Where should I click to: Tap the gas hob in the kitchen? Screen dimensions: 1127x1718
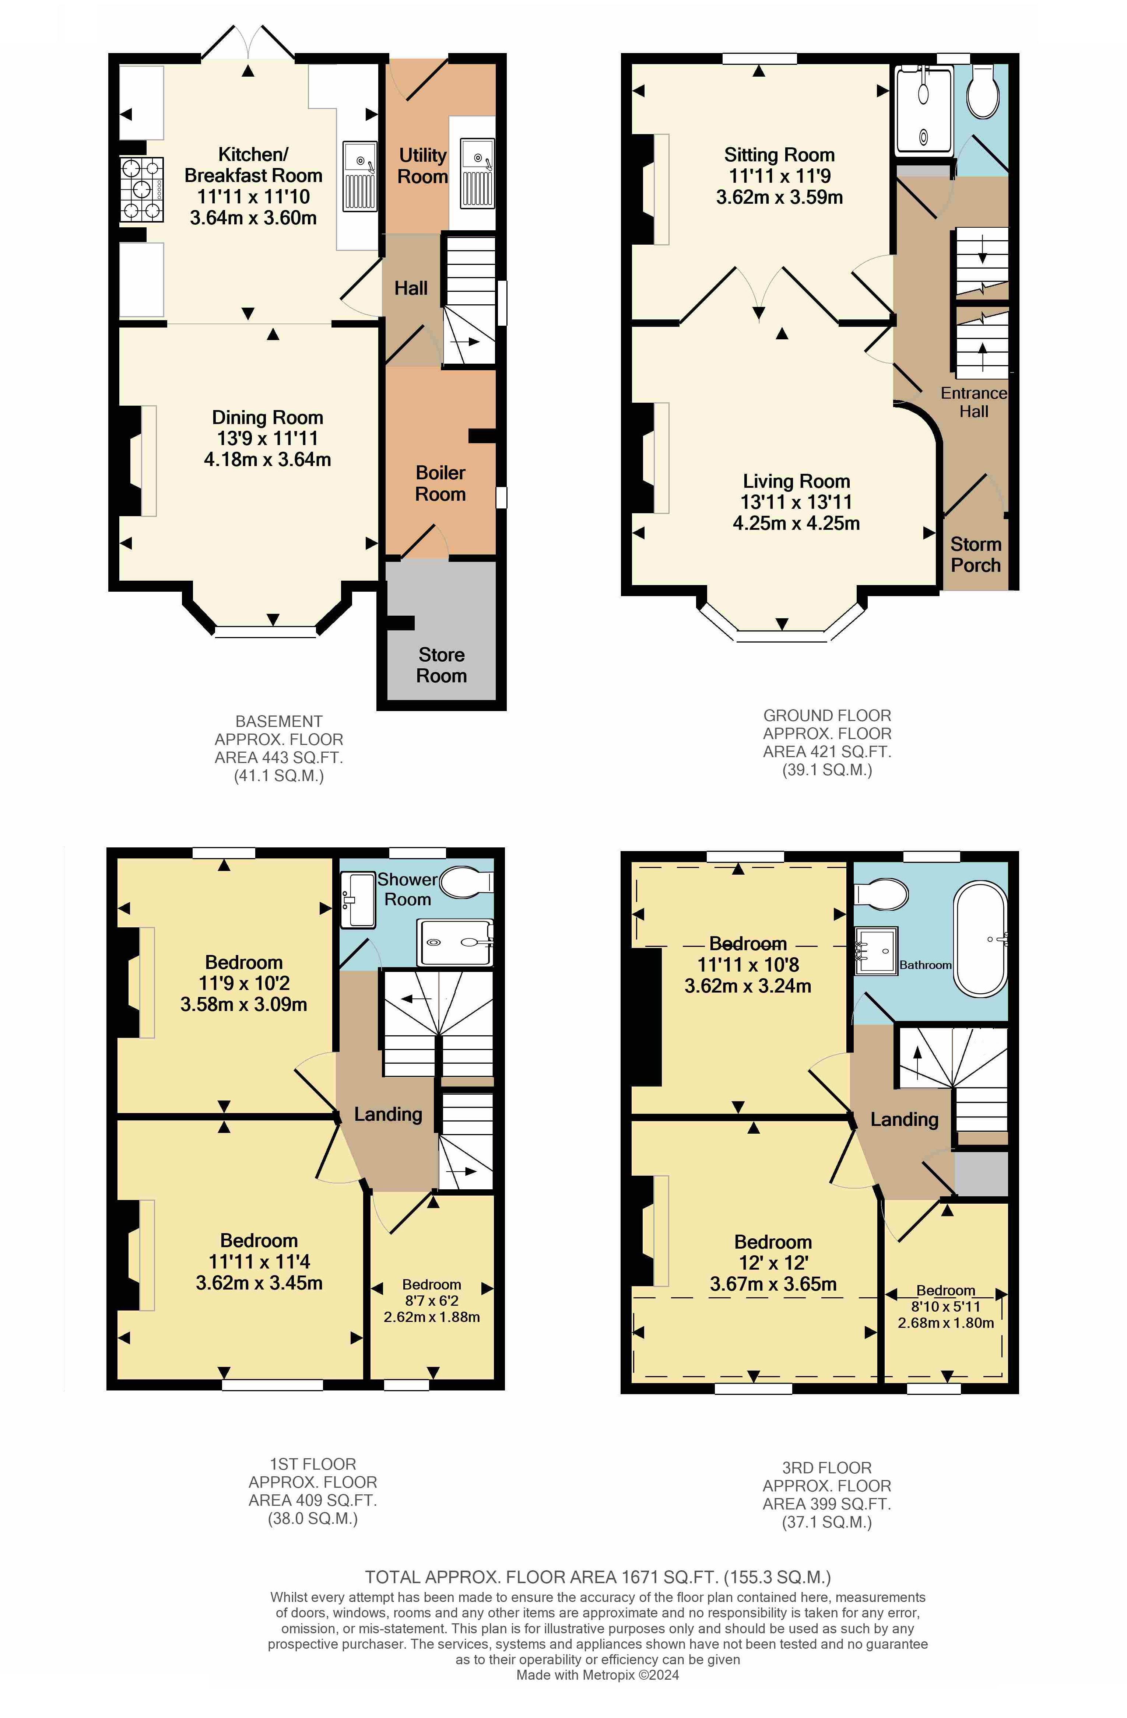[x=141, y=189]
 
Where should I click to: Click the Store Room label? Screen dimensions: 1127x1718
[x=442, y=665]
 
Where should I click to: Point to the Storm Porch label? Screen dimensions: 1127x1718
[x=976, y=554]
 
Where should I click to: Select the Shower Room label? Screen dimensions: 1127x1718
[x=408, y=889]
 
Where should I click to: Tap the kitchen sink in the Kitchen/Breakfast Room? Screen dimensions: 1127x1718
[x=359, y=176]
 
